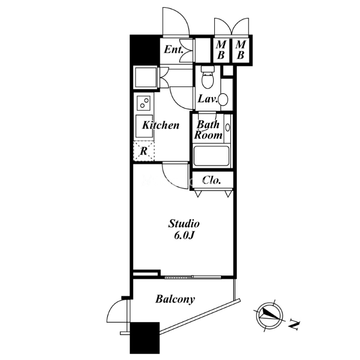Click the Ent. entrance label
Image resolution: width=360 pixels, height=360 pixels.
point(174,50)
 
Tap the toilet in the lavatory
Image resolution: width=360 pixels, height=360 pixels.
point(207,77)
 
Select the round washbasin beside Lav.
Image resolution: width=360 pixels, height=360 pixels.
point(223,99)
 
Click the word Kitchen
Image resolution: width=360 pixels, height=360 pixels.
point(161,126)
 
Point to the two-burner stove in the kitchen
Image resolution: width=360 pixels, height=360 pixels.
point(144,103)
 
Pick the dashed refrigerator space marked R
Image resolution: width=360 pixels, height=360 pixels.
point(144,151)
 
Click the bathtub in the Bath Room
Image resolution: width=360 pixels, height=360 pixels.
point(211,156)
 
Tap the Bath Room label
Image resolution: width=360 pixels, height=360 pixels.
point(208,130)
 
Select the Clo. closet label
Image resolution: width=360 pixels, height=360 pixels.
point(212,180)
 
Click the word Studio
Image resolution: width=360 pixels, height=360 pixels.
point(184,223)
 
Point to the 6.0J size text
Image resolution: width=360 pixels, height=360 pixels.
point(184,236)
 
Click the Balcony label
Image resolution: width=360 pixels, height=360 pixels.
point(175,299)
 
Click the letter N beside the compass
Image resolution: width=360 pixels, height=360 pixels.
point(294,324)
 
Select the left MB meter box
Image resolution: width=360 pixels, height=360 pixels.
point(221,50)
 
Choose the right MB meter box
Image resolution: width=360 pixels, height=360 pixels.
point(240,50)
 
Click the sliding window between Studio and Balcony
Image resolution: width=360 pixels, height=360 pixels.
point(193,277)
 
